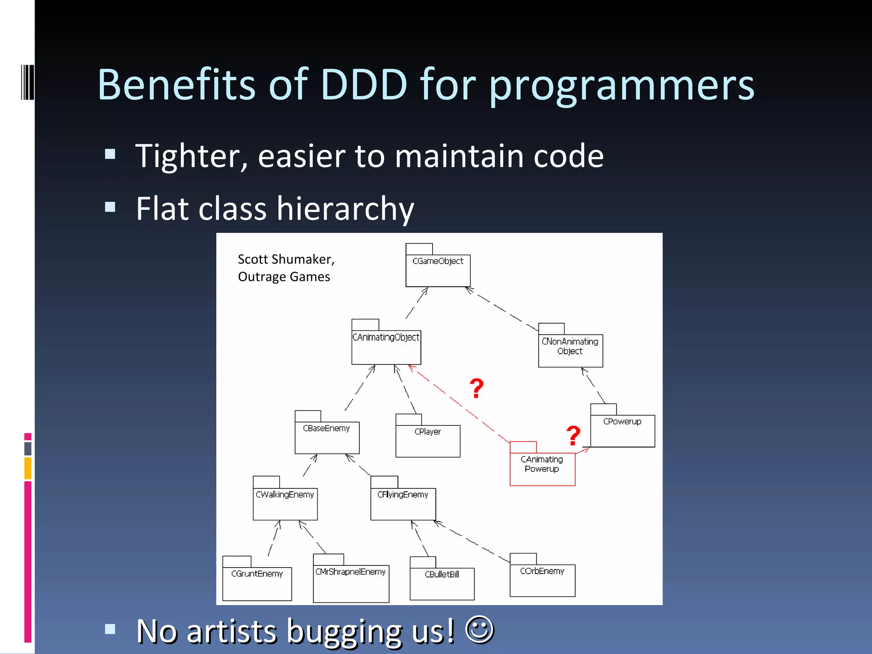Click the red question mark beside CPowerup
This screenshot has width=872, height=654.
(x=573, y=436)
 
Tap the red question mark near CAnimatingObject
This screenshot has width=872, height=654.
(x=476, y=388)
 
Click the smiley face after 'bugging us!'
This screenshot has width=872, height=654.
(x=479, y=629)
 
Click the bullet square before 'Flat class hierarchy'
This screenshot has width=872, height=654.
(x=110, y=207)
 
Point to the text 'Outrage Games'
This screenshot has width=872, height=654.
(x=284, y=277)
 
